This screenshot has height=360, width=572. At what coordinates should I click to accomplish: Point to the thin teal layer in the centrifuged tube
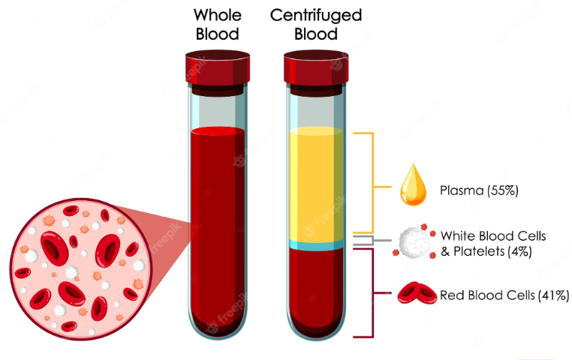(316, 245)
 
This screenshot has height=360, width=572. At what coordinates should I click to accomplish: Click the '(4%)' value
(517, 252)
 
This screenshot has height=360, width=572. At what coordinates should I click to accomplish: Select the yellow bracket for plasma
(372, 184)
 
